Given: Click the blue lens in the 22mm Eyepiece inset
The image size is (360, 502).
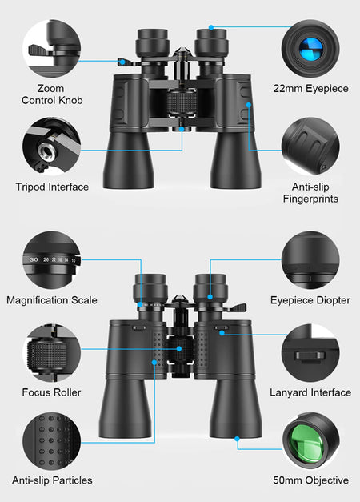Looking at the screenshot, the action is tap(310, 49).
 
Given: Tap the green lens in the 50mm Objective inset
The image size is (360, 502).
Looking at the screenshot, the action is tap(306, 441).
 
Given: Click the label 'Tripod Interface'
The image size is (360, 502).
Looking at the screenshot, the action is tap(52, 187).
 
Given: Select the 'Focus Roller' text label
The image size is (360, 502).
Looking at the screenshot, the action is tap(51, 392).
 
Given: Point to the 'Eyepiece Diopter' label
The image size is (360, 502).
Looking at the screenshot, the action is tap(310, 300).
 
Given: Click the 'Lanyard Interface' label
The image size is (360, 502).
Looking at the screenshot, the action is tap(310, 392).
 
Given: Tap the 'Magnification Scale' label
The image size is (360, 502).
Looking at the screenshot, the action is tap(52, 300).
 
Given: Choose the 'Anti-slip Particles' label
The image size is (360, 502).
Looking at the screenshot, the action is tap(52, 480).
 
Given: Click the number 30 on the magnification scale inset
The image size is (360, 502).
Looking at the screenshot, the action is tap(34, 259).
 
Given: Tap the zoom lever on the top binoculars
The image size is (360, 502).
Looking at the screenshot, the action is tap(125, 61).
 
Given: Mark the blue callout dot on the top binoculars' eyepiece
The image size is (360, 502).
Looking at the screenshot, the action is tap(211, 27).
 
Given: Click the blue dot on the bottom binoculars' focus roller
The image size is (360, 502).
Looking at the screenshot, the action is tap(179, 348).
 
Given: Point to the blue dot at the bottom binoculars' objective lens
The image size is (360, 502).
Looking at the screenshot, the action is tap(237, 439).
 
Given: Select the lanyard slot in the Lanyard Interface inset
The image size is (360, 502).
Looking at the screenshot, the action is tap(310, 355).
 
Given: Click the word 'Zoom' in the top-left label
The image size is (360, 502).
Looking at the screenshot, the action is tap(50, 88).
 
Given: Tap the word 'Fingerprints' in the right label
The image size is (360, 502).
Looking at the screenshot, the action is tap(310, 199).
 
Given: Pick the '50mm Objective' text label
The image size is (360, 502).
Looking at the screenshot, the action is tap(310, 480).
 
